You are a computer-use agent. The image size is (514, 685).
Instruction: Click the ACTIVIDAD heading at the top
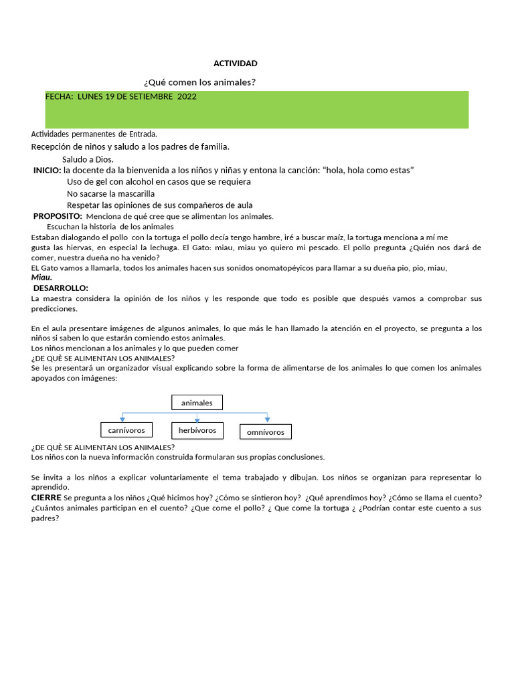click(x=235, y=64)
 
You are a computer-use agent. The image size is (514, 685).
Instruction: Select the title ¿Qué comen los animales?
click(x=200, y=82)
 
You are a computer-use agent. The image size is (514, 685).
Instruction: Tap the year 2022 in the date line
click(x=187, y=96)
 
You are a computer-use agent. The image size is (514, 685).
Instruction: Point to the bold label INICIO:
click(x=47, y=171)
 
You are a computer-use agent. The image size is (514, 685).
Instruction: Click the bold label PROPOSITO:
click(x=58, y=216)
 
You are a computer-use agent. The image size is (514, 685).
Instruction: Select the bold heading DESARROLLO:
click(x=60, y=288)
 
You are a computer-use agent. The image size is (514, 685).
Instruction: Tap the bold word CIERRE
click(x=46, y=498)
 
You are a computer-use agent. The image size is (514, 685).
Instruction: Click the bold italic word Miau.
click(x=41, y=278)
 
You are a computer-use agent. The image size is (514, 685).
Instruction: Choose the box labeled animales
click(x=197, y=403)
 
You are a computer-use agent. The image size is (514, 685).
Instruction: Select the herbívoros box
click(x=197, y=430)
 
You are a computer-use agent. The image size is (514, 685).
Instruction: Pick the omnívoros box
click(x=265, y=432)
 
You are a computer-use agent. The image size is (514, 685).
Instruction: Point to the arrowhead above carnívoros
click(x=122, y=419)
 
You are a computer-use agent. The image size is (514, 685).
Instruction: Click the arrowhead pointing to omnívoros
click(x=267, y=419)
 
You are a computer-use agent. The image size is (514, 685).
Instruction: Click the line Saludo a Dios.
click(x=88, y=159)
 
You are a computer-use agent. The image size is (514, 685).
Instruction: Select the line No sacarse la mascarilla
click(x=110, y=193)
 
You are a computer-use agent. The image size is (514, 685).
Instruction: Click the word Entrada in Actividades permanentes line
click(x=143, y=134)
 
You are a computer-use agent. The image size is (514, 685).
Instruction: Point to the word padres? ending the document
click(x=46, y=518)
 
